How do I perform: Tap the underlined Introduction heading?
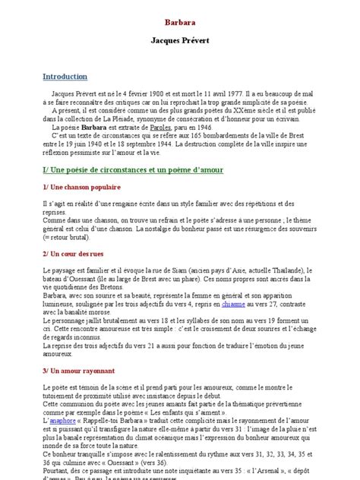65,77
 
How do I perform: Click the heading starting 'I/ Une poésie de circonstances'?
132,169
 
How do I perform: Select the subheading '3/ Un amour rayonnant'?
78,370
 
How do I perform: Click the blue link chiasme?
232,302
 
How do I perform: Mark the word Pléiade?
139,121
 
